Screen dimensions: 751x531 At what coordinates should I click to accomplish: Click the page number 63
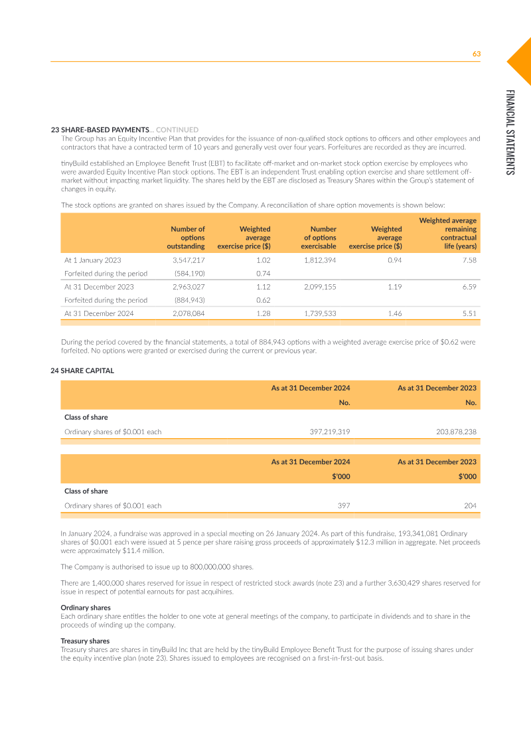(x=476, y=54)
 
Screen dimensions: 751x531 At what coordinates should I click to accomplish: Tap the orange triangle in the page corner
(x=522, y=60)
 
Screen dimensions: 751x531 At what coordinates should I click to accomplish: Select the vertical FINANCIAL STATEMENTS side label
(x=509, y=132)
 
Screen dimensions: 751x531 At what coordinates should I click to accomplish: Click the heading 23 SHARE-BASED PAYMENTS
(x=100, y=129)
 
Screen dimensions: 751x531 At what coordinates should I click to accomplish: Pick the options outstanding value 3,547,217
(x=189, y=260)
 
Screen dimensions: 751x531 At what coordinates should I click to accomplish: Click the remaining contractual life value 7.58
(x=469, y=260)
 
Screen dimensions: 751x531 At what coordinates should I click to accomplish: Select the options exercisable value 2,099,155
(x=320, y=287)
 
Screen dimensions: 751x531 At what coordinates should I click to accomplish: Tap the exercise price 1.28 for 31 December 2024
(x=263, y=313)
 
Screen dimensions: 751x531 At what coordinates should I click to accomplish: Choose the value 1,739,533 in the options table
(x=320, y=313)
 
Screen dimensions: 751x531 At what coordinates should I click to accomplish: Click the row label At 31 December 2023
(x=99, y=287)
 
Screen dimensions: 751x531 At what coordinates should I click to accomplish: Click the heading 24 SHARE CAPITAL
(x=82, y=371)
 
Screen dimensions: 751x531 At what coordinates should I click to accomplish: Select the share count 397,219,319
(x=330, y=432)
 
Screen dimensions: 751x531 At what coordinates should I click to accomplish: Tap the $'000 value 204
(x=470, y=505)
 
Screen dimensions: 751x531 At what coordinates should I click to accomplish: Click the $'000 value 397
(x=343, y=505)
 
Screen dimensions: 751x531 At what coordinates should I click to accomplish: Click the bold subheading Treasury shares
(x=85, y=641)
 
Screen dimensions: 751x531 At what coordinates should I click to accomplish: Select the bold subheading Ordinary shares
(x=86, y=608)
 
